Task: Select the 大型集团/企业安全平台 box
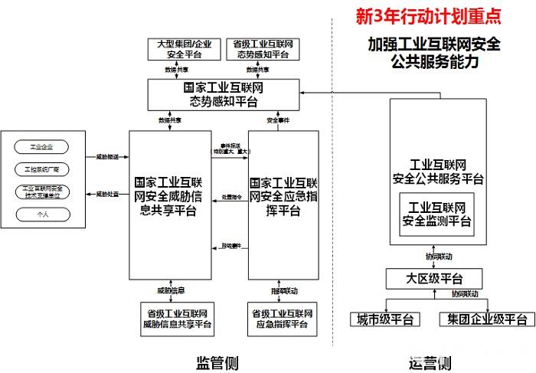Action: pos(181,49)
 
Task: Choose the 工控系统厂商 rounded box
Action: pos(42,169)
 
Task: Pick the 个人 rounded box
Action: pos(42,214)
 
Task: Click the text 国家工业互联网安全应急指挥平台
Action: pos(283,197)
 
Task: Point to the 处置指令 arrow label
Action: pos(231,197)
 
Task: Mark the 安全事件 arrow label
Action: pos(278,120)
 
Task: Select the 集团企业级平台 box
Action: pos(486,319)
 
